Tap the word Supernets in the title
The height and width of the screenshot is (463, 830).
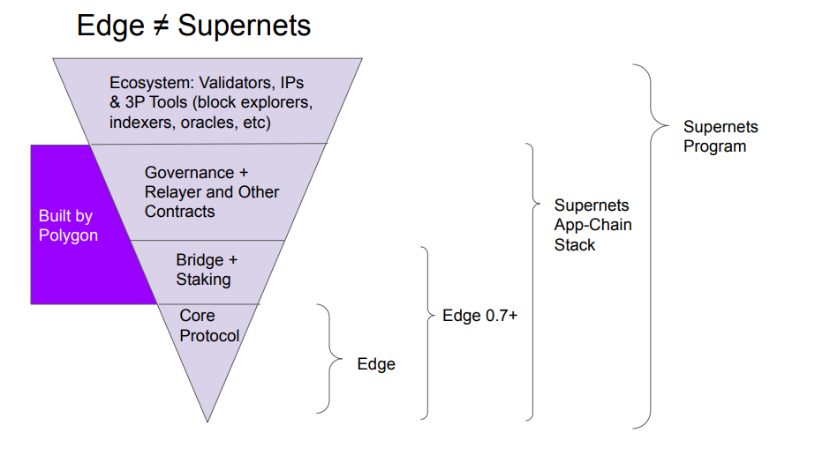244,26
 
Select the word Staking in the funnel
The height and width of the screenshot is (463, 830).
203,280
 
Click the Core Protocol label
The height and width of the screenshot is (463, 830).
209,325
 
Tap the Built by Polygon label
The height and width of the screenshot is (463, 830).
68,226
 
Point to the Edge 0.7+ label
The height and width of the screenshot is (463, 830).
479,316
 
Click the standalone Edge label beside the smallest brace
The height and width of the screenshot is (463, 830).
376,363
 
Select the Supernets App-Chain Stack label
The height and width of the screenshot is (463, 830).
592,225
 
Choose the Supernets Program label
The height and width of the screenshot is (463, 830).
721,137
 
